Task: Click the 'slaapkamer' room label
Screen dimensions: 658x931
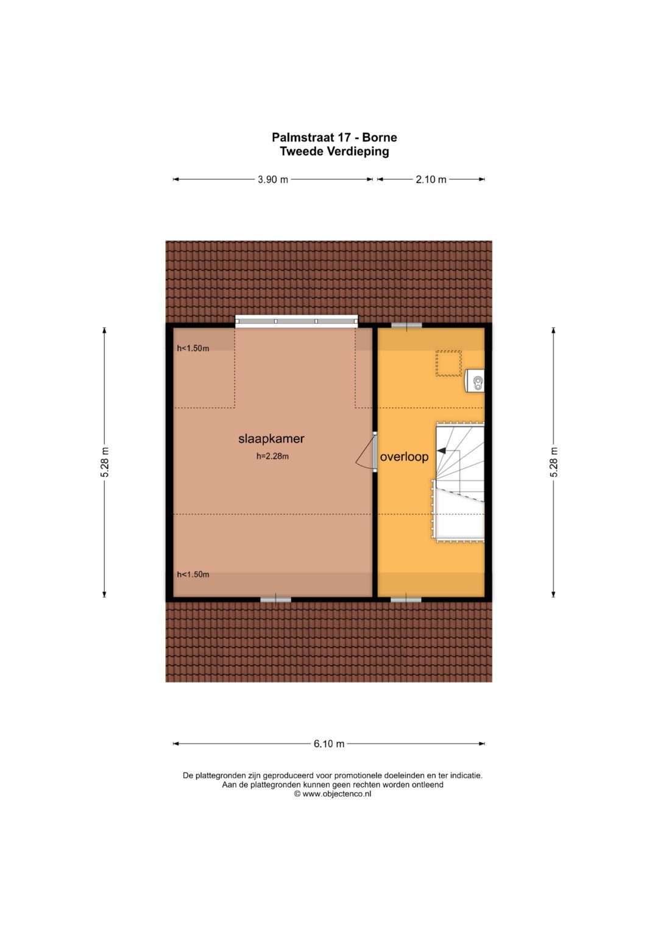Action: [x=271, y=438]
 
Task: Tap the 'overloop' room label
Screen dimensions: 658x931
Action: [x=404, y=457]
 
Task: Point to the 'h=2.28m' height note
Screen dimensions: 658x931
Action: [x=272, y=457]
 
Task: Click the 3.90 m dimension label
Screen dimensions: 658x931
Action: [x=272, y=179]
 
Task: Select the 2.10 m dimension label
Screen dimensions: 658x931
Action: [x=431, y=179]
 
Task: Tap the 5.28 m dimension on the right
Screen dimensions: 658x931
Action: [x=554, y=462]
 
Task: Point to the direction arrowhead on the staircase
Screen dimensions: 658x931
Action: [x=439, y=451]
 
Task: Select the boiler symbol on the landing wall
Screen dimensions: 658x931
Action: [x=475, y=380]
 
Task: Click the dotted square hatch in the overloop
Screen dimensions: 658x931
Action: [x=448, y=363]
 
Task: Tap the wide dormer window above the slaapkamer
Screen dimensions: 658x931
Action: [x=297, y=321]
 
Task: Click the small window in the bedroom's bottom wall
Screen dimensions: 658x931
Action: [x=275, y=599]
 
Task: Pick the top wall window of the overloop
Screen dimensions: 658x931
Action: [x=407, y=326]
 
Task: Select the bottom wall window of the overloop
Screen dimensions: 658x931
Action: [x=406, y=599]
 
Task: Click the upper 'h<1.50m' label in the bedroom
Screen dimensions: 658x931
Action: [x=193, y=348]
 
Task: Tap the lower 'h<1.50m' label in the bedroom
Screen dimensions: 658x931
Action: [x=193, y=574]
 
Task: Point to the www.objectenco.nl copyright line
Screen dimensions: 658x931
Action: [x=332, y=794]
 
